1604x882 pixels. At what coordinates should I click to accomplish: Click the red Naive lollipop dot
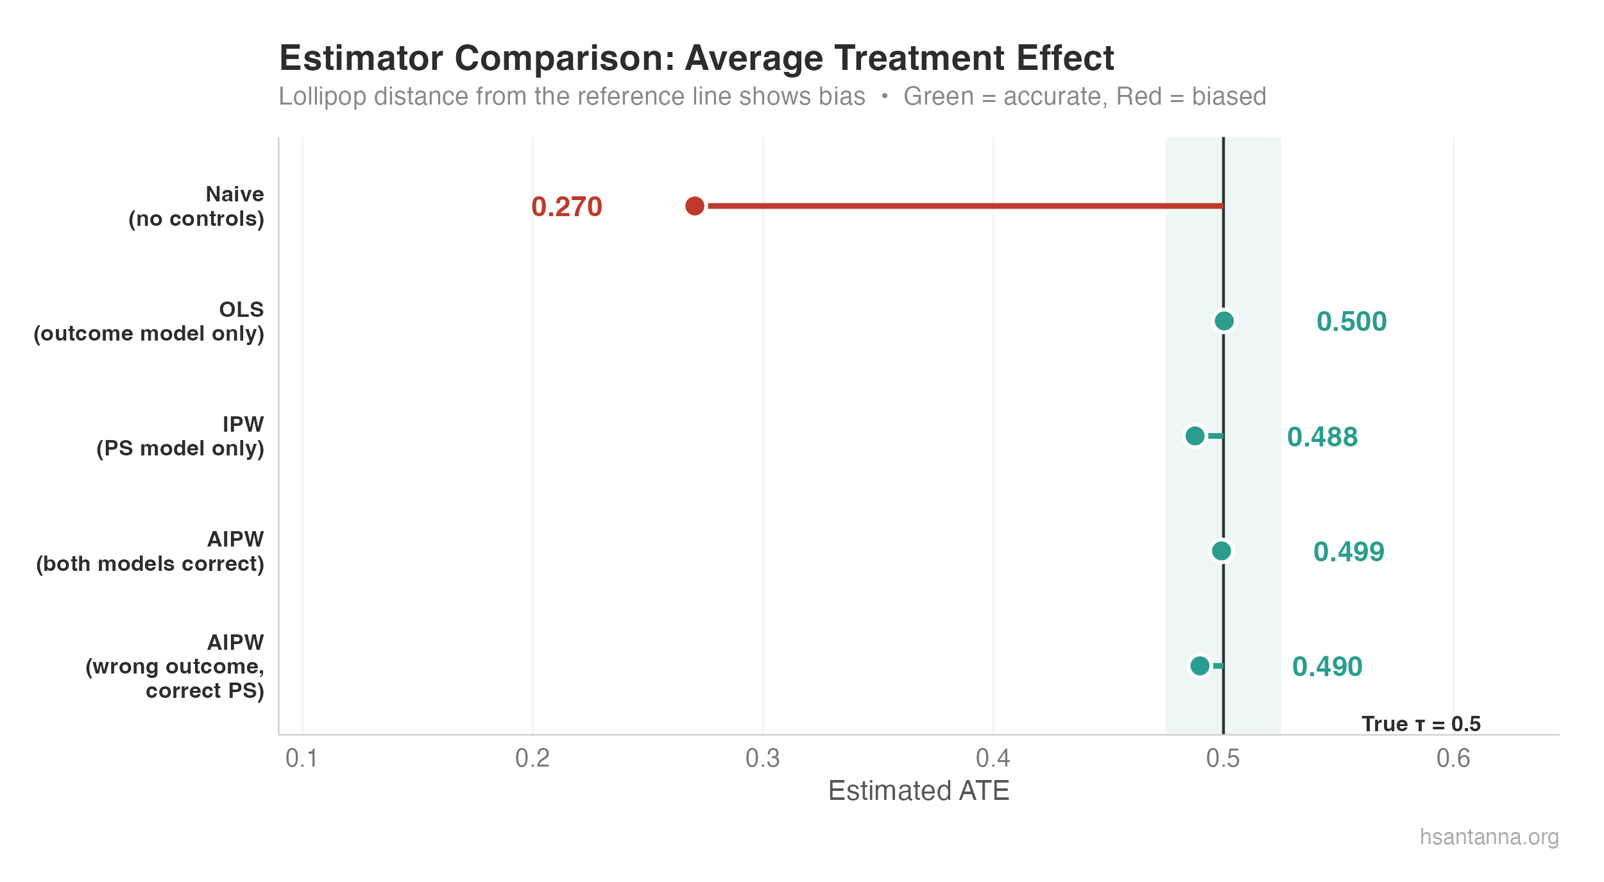tap(694, 206)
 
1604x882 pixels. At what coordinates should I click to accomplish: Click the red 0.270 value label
tap(567, 207)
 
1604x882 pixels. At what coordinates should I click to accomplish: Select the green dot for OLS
tap(1224, 321)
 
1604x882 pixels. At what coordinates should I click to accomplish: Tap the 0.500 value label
tap(1351, 321)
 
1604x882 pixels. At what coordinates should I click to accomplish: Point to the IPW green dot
tap(1195, 436)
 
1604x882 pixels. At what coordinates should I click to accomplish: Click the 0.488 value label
tap(1322, 437)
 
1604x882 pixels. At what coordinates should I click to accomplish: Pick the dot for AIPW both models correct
tap(1221, 551)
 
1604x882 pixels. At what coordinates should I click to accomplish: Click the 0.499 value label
tap(1349, 552)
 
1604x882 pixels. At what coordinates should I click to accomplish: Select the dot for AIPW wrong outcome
tap(1199, 666)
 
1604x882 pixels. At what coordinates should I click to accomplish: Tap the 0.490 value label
tap(1327, 666)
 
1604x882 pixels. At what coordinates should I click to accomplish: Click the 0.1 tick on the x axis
tap(302, 758)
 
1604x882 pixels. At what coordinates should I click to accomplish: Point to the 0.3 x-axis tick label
tap(762, 758)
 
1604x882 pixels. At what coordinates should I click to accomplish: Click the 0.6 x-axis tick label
tap(1453, 758)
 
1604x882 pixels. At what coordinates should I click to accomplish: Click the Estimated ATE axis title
tap(918, 791)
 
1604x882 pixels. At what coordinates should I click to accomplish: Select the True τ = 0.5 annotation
tap(1421, 724)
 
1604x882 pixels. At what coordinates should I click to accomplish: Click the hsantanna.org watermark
tap(1489, 837)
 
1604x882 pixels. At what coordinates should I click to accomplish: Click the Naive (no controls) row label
tap(196, 207)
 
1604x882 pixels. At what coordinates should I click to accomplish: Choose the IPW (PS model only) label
tap(180, 436)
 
